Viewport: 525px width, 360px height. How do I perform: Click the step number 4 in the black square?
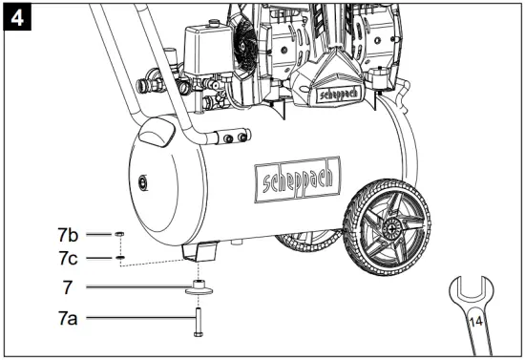coord(16,16)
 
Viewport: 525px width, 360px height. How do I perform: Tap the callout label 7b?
coord(68,233)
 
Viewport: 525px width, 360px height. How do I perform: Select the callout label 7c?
coord(68,258)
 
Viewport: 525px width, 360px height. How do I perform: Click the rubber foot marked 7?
coord(199,287)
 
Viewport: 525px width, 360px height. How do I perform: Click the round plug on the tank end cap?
coord(142,180)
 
